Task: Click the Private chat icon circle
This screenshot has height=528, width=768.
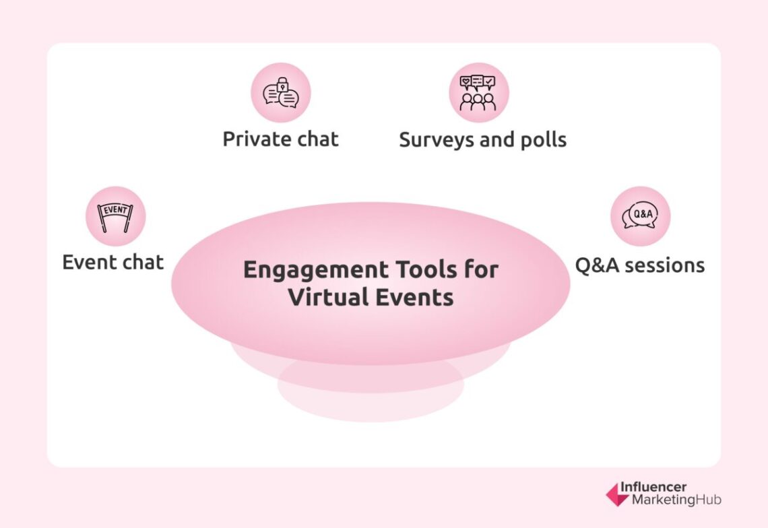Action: (x=281, y=93)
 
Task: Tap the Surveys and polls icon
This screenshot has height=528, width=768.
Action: (x=479, y=93)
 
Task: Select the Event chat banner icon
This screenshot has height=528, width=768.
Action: (x=115, y=216)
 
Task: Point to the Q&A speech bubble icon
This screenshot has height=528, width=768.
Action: (x=640, y=216)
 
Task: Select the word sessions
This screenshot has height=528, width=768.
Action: (x=664, y=265)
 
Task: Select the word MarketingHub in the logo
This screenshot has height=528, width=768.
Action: (x=676, y=500)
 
